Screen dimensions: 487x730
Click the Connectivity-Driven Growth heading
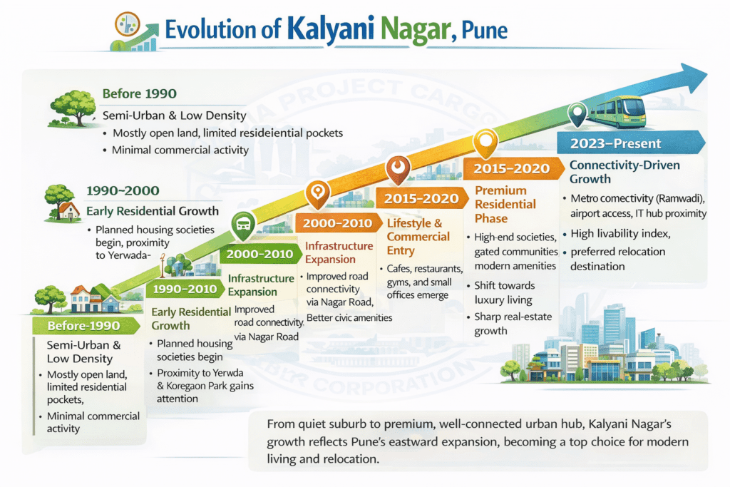click(x=624, y=172)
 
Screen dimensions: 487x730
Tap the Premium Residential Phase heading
click(x=505, y=204)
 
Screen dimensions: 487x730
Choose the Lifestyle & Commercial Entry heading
click(x=418, y=236)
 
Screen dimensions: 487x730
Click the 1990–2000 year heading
click(x=122, y=191)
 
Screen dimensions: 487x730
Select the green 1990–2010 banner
click(x=184, y=290)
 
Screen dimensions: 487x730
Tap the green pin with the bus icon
click(x=242, y=225)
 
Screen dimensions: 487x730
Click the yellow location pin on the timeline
click(x=485, y=142)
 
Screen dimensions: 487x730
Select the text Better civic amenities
click(x=349, y=317)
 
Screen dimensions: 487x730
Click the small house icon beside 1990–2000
click(x=68, y=207)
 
